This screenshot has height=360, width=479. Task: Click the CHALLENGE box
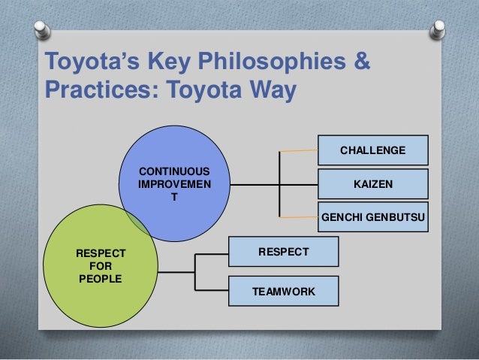coord(373,150)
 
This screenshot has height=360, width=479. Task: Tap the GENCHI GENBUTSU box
coord(373,217)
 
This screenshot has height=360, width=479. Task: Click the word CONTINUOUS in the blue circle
coord(174,171)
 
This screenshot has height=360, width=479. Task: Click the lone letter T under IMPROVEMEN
coord(174,195)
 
